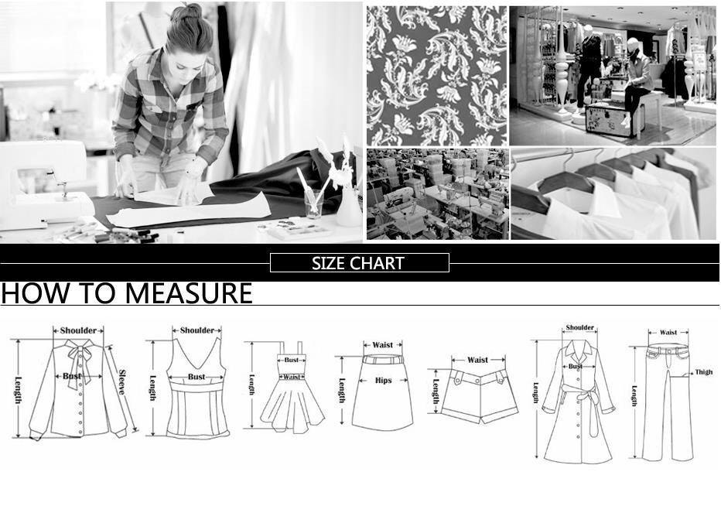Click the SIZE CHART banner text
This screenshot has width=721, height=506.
[358, 263]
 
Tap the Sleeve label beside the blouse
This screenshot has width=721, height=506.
[121, 381]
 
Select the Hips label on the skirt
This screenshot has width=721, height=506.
[383, 381]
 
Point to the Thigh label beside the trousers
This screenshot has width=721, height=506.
[703, 372]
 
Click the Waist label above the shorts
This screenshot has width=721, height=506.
[478, 360]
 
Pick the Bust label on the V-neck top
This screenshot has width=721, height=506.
[196, 377]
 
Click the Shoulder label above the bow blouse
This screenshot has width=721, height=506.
[78, 330]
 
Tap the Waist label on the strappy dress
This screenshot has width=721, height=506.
[292, 377]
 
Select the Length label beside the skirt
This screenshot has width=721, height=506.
[342, 390]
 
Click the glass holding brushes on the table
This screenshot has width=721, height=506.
[314, 203]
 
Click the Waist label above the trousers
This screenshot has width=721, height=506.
[668, 332]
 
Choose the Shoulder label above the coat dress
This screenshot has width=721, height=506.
[580, 327]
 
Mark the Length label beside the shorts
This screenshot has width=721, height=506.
[436, 391]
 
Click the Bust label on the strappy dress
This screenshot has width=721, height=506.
[291, 361]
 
